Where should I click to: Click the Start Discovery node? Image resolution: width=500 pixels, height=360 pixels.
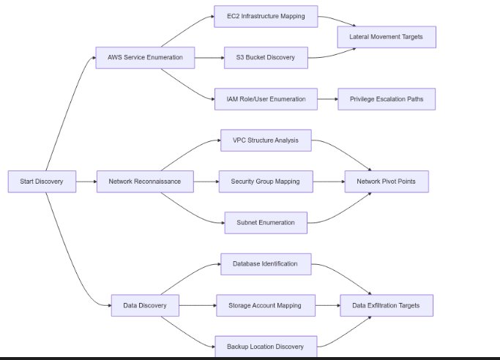point(42,181)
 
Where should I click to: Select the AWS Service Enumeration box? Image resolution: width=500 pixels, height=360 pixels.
point(145,57)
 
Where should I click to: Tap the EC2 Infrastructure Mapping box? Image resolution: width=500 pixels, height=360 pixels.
point(266,16)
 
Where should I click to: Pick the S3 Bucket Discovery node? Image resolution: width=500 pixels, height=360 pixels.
point(266,57)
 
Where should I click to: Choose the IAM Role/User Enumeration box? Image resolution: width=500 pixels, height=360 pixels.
point(266,99)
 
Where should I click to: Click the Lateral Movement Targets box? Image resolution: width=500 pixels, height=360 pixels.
point(387,37)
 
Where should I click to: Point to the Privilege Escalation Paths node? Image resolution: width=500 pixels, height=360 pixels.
point(387,99)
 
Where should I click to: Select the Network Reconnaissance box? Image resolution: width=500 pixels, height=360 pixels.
point(145,181)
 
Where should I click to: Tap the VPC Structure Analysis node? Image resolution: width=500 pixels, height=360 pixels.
point(266,140)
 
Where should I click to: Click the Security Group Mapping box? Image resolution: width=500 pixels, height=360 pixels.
point(266,181)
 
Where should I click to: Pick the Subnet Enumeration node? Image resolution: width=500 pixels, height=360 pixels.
point(266,222)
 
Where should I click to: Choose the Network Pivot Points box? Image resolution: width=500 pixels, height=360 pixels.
point(387,181)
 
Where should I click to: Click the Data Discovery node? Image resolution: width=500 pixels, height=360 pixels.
point(145,305)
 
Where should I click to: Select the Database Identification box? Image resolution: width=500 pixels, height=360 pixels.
point(266,264)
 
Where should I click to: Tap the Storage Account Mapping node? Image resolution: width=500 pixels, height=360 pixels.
point(266,305)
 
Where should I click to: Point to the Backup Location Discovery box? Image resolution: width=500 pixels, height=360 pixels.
point(266,346)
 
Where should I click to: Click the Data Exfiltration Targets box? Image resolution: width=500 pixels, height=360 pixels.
point(387,305)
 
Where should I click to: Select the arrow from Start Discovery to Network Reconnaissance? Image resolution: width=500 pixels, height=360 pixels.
point(86,181)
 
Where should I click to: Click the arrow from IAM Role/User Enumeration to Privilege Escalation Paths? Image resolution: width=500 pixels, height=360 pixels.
point(327,99)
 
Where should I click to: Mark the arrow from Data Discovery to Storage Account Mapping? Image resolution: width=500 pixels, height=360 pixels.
point(198,305)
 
